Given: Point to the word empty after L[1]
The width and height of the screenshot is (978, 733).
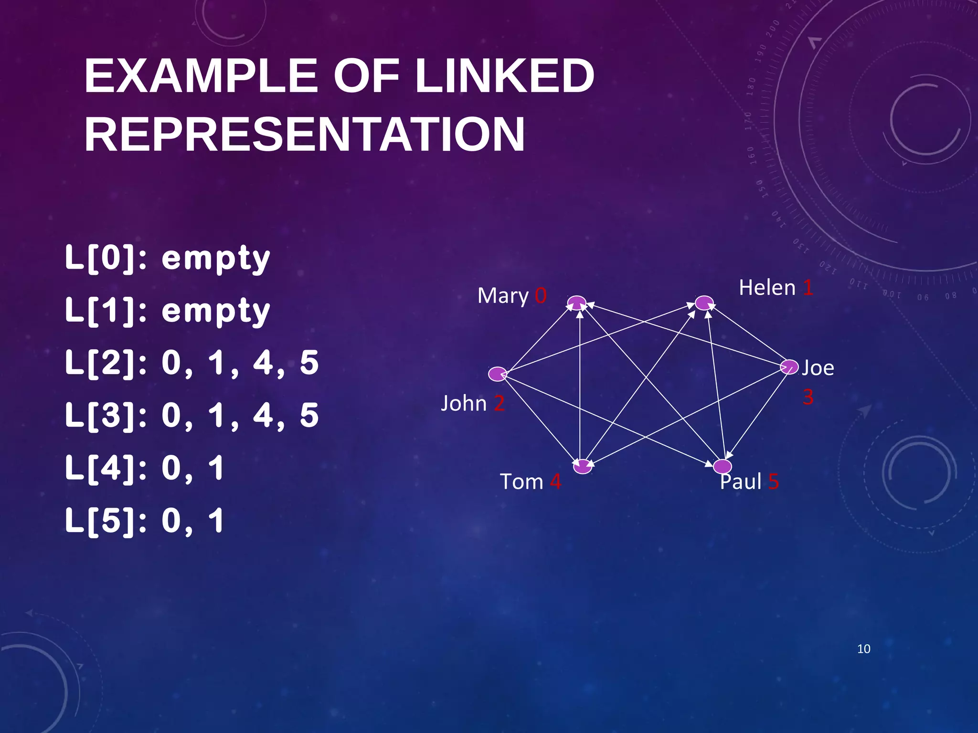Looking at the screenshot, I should (x=216, y=311).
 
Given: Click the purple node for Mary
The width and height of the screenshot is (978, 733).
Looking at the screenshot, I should (x=577, y=303).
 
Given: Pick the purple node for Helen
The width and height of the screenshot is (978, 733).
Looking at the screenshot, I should (x=704, y=303).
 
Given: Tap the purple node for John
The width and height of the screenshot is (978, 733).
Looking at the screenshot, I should (x=498, y=374).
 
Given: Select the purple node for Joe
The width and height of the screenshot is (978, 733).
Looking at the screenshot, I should (x=789, y=366).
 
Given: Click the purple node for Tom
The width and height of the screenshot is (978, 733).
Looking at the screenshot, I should (x=583, y=466).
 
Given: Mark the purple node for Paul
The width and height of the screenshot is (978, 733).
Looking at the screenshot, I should (x=723, y=466).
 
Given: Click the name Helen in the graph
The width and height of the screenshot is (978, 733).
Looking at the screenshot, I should (x=767, y=288).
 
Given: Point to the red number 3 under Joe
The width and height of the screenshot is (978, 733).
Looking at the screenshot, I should (x=808, y=397).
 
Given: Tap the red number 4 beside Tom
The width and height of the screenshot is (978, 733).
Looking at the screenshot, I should (x=555, y=482).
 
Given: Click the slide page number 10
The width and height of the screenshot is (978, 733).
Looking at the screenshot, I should (x=863, y=649).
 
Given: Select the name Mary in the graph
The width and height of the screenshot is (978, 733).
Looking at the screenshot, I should (x=503, y=296).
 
